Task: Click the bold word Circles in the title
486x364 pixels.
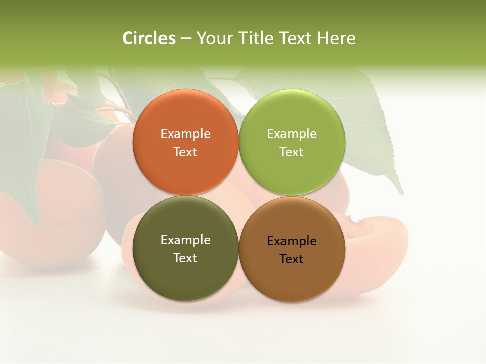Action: pos(149,38)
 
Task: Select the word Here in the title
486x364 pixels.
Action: pos(337,38)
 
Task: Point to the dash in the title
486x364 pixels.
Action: pos(186,39)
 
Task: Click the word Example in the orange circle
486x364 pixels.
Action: pos(185,134)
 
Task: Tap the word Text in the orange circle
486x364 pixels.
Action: pos(185,152)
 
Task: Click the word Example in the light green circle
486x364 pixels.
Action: pos(292,134)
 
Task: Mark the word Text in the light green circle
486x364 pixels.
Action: pos(292,152)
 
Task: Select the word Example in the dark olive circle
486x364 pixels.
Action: pos(185,240)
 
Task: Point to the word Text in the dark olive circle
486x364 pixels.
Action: pos(185,258)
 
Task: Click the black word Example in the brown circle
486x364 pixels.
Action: pos(292,241)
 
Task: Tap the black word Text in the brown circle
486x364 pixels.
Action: pos(292,259)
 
